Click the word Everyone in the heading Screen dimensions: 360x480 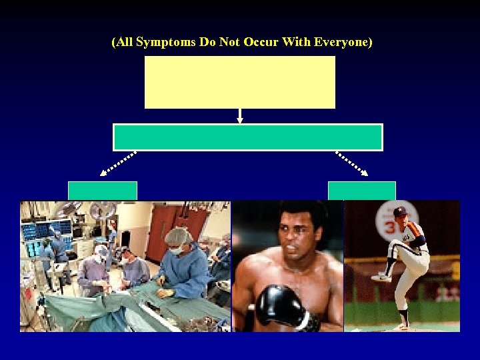(x=343, y=43)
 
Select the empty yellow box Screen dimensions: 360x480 (x=240, y=82)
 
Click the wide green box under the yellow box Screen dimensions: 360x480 (x=248, y=137)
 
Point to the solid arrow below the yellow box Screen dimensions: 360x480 (x=240, y=116)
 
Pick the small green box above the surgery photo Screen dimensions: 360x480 (x=103, y=191)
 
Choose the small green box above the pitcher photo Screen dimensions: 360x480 (x=361, y=191)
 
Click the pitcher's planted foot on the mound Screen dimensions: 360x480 (x=403, y=325)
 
